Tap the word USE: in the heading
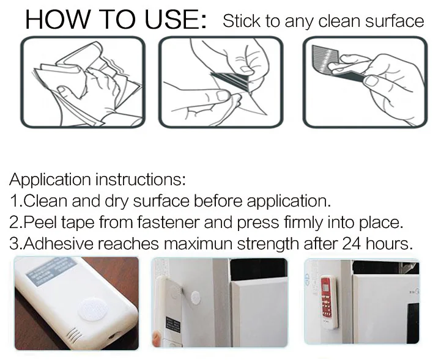176,19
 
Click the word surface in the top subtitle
395,21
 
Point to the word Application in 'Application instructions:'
50,180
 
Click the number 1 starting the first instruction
14,201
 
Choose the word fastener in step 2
168,222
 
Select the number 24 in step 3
351,244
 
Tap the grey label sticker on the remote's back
51,270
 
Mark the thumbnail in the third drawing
371,81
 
